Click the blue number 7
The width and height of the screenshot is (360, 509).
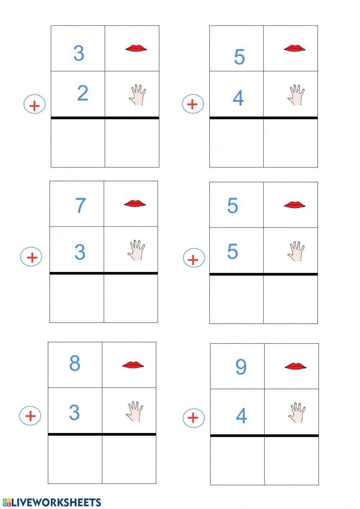pyautogui.click(x=80, y=205)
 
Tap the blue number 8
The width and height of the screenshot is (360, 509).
pyautogui.click(x=75, y=363)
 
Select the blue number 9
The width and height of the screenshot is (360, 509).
pyautogui.click(x=241, y=367)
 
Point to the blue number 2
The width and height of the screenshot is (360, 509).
pyautogui.click(x=82, y=93)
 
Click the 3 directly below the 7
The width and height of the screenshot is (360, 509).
pyautogui.click(x=80, y=252)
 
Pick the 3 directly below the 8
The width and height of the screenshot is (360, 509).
pyautogui.click(x=74, y=412)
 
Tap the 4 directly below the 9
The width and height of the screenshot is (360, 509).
pyautogui.click(x=241, y=416)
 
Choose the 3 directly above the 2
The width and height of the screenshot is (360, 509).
pyautogui.click(x=78, y=53)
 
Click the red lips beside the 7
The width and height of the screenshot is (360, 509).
pyautogui.click(x=135, y=204)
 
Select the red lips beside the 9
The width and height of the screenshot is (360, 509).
pyautogui.click(x=295, y=367)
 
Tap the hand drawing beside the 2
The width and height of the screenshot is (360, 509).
pyautogui.click(x=138, y=95)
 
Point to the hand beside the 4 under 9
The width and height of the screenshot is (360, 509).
pyautogui.click(x=297, y=412)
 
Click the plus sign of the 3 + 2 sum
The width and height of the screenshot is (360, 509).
pyautogui.click(x=35, y=105)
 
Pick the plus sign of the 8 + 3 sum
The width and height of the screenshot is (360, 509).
pyautogui.click(x=30, y=416)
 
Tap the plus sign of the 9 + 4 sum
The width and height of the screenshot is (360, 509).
pyautogui.click(x=194, y=418)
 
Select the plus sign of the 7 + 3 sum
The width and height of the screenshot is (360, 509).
pyautogui.click(x=32, y=257)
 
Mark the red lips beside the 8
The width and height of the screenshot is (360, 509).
pyautogui.click(x=133, y=365)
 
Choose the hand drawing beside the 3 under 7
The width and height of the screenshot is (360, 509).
pyautogui.click(x=136, y=250)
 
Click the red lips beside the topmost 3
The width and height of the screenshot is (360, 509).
pyautogui.click(x=136, y=48)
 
